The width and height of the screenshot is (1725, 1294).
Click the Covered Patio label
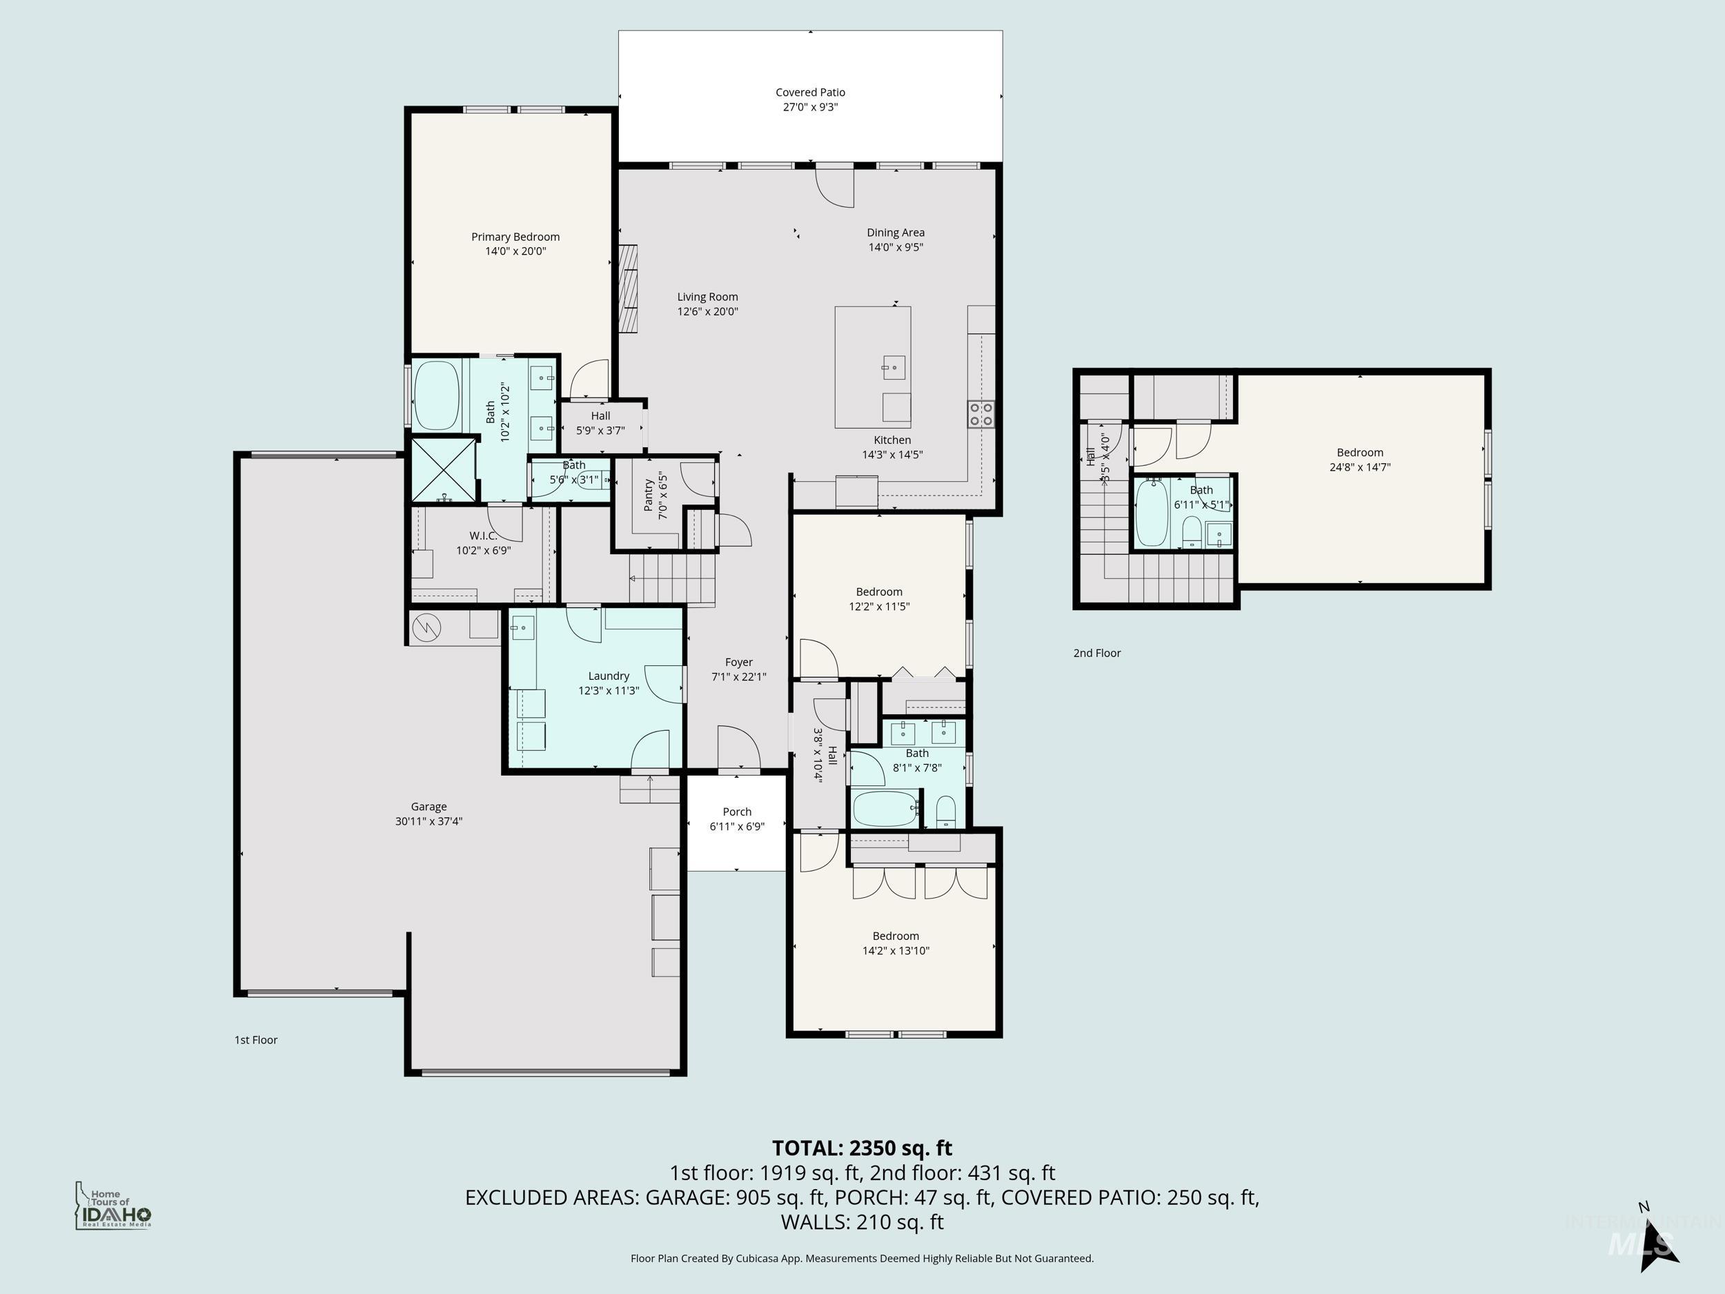click(x=809, y=92)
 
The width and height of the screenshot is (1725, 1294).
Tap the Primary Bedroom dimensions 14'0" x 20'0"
click(x=515, y=251)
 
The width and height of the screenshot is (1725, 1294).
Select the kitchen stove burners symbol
click(x=980, y=413)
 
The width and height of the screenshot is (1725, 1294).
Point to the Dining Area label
click(x=895, y=233)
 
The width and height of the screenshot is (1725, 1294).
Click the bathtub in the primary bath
click(x=436, y=395)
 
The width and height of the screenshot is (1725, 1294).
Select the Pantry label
click(x=648, y=496)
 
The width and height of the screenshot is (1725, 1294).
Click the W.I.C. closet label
click(x=483, y=536)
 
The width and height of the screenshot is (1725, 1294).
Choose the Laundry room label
click(x=609, y=676)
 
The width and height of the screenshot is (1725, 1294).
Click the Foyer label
click(x=738, y=663)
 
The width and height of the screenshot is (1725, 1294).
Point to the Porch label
click(x=736, y=812)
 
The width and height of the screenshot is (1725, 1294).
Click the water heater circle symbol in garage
click(x=426, y=627)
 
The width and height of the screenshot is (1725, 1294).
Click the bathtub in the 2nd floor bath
click(x=1151, y=513)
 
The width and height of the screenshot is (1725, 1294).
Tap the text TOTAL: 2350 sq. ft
click(x=862, y=1148)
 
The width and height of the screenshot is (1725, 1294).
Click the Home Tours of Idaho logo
click(x=113, y=1206)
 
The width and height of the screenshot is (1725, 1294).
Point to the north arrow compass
click(x=1655, y=1241)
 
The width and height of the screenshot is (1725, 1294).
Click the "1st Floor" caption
click(x=256, y=1040)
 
